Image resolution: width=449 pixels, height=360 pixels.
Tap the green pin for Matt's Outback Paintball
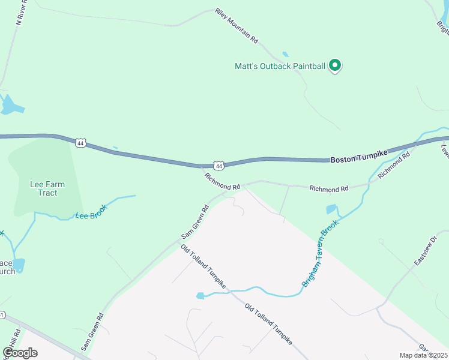335,65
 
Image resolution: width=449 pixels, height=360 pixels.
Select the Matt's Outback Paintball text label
280,66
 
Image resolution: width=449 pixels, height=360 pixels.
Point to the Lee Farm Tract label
47,189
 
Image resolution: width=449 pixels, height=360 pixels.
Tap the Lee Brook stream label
91,211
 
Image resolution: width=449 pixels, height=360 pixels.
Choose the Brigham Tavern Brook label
321,253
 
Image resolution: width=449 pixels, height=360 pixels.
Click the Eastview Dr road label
427,251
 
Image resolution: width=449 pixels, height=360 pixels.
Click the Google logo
20,353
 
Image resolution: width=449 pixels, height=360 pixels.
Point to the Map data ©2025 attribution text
423,355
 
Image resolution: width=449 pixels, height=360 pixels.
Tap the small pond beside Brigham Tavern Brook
331,209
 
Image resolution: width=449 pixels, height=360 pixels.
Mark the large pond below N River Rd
11,106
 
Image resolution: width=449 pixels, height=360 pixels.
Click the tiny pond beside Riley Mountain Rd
285,54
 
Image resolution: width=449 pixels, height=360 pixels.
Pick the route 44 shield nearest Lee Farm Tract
81,143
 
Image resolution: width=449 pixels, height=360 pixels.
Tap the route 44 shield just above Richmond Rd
219,166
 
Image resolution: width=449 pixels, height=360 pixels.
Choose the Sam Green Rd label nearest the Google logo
92,332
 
